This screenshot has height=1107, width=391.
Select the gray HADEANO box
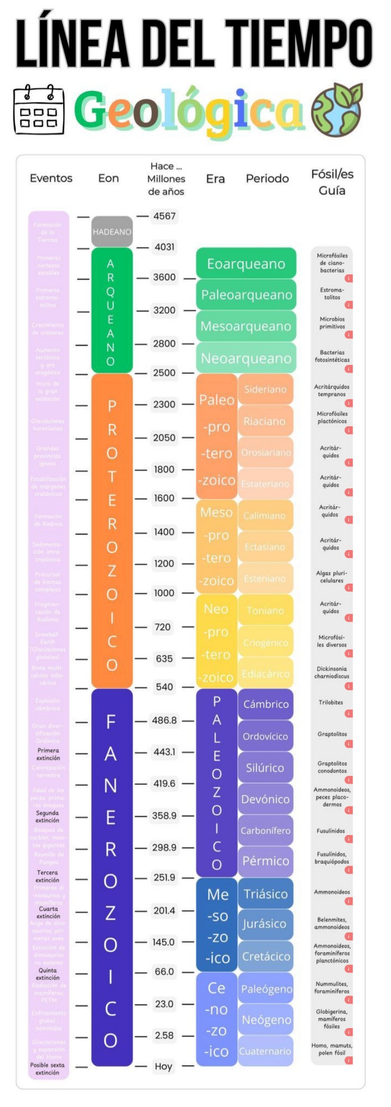point(112,232)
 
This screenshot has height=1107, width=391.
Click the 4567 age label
point(164,216)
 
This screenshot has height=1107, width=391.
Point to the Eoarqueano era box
point(246,264)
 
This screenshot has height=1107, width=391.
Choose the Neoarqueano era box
point(246,358)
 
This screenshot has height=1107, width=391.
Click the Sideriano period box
point(265,389)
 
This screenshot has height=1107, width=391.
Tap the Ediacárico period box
point(265,674)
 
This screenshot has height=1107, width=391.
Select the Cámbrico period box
point(265,704)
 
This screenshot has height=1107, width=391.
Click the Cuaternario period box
point(265,1051)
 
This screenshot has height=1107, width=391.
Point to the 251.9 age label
point(164,877)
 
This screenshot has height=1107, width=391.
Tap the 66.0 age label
point(164,971)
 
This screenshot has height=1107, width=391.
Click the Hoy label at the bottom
point(163,1066)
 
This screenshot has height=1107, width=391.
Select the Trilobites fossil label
point(330,702)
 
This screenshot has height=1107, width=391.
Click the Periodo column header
point(267,178)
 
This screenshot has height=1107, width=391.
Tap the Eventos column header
point(51,178)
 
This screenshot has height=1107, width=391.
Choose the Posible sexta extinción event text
point(47,1069)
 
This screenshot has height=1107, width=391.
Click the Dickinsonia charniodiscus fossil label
point(332,672)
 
